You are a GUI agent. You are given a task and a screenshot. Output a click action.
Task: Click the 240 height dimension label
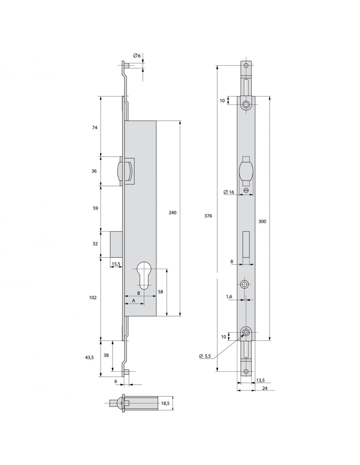point(172,213)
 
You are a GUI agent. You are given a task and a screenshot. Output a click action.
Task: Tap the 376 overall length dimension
point(208,216)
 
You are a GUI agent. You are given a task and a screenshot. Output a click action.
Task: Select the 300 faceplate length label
point(262,221)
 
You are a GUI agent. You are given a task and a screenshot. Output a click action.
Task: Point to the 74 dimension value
point(95,128)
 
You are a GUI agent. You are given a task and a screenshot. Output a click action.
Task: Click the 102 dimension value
point(93,298)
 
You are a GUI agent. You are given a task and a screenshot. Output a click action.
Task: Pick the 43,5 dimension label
point(89,357)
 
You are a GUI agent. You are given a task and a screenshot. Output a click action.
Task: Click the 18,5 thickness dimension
point(165,404)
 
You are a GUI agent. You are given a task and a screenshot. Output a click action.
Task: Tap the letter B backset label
point(138,293)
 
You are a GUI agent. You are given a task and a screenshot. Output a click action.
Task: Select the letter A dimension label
point(134,301)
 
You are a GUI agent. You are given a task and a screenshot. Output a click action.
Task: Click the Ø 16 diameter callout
point(229,192)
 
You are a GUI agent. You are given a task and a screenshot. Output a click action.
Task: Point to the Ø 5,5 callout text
point(205,356)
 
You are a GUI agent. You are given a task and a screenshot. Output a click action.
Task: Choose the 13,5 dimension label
point(261,380)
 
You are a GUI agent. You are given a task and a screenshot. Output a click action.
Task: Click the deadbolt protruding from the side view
point(116,244)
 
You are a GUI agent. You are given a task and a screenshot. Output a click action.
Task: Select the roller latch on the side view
point(121,171)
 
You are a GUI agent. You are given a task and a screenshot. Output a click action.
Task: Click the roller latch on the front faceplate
point(246,171)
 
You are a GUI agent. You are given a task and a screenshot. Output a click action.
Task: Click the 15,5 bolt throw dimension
point(116,264)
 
